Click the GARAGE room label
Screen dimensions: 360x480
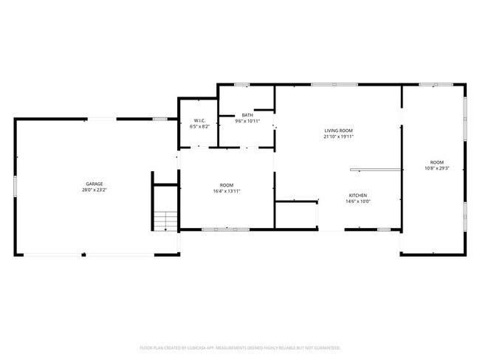click(94, 184)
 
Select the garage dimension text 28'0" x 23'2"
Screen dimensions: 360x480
click(94, 190)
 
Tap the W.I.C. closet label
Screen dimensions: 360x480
click(199, 120)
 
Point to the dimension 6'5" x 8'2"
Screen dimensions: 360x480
click(199, 126)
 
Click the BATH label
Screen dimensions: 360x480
click(248, 115)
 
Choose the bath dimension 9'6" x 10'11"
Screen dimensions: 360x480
click(248, 121)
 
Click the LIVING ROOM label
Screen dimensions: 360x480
click(339, 131)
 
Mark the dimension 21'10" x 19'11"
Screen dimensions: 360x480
click(339, 136)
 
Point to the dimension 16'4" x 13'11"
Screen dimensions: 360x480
click(226, 191)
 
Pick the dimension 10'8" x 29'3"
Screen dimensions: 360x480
click(437, 168)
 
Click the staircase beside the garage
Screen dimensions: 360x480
click(165, 220)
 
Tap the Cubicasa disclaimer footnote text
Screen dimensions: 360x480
click(240, 347)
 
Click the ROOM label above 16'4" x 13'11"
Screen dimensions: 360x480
click(226, 185)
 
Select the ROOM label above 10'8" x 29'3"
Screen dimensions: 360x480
click(437, 162)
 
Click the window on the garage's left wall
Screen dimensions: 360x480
click(16, 186)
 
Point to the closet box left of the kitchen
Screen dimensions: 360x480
click(296, 215)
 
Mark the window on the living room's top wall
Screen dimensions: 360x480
click(324, 84)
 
